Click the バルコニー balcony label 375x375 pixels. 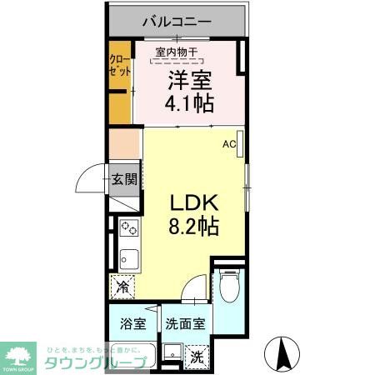tap(176, 20)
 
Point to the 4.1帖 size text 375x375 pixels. tap(191, 104)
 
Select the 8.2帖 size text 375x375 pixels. tap(195, 226)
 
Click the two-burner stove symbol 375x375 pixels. tap(128, 227)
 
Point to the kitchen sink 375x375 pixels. tap(128, 255)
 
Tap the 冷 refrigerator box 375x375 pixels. tap(122, 287)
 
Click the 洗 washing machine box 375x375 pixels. tap(197, 356)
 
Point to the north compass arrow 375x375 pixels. tap(282, 354)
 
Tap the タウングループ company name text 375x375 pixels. tap(94, 362)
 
